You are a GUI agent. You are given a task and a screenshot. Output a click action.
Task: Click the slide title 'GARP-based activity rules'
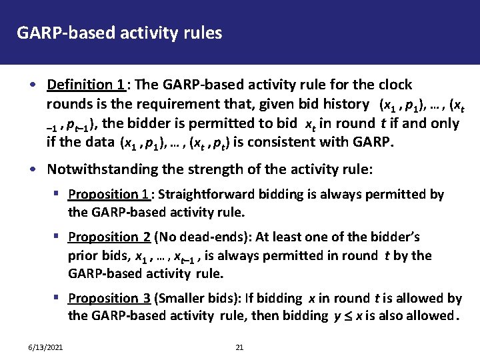tap(119, 31)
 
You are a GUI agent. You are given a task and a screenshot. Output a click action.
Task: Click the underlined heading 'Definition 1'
tap(85, 85)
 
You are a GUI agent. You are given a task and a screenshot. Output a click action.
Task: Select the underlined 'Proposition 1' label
tap(109, 195)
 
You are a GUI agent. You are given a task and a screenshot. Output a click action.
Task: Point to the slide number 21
tap(241, 348)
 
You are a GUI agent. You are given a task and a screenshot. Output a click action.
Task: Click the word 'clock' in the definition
tap(395, 85)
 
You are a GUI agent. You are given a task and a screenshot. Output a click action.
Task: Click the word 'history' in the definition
tap(347, 104)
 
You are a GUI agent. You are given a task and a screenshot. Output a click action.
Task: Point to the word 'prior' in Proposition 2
tap(81, 256)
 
